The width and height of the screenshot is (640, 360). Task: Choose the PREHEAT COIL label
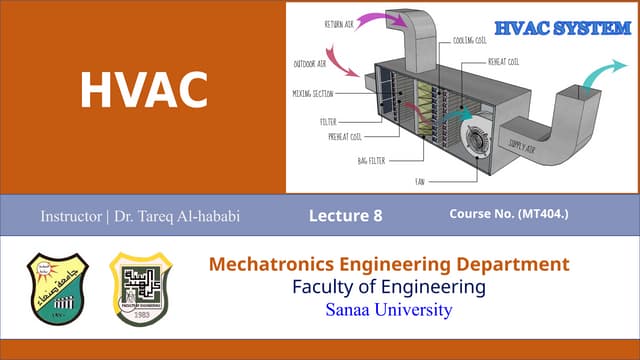point(342,136)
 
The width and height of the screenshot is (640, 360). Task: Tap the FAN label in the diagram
point(421,182)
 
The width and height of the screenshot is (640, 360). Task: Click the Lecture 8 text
point(346,215)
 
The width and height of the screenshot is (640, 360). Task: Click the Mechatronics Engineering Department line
point(389,265)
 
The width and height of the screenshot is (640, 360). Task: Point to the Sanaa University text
point(389,310)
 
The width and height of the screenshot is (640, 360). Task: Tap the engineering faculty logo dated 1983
point(141,289)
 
